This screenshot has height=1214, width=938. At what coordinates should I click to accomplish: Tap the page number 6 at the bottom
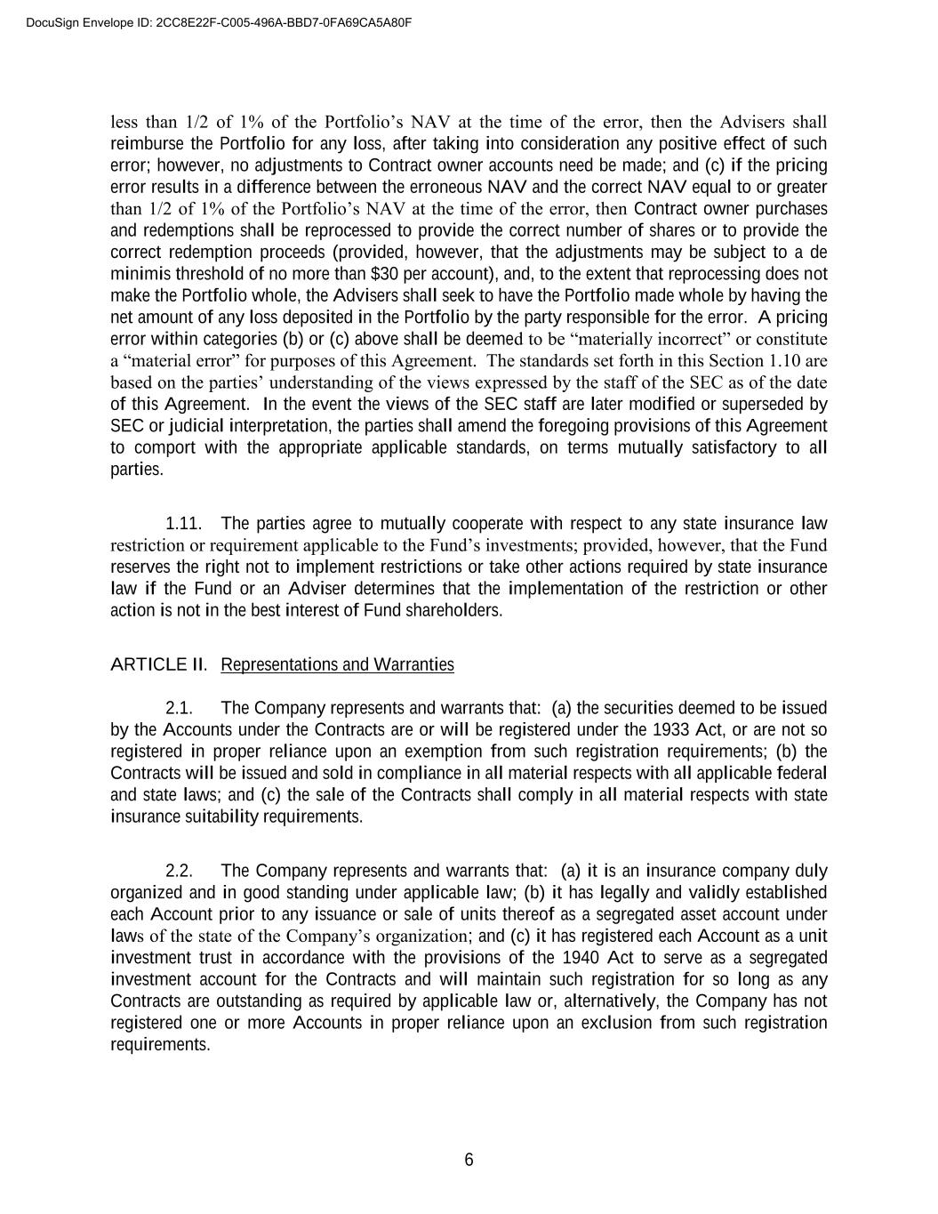coord(469,1160)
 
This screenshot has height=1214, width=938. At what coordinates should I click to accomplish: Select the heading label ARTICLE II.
coord(158,664)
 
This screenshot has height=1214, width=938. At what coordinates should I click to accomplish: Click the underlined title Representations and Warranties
coord(337,664)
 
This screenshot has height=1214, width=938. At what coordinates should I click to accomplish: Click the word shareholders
coord(453,610)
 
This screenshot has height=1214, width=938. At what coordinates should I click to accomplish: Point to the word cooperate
coord(481,523)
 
